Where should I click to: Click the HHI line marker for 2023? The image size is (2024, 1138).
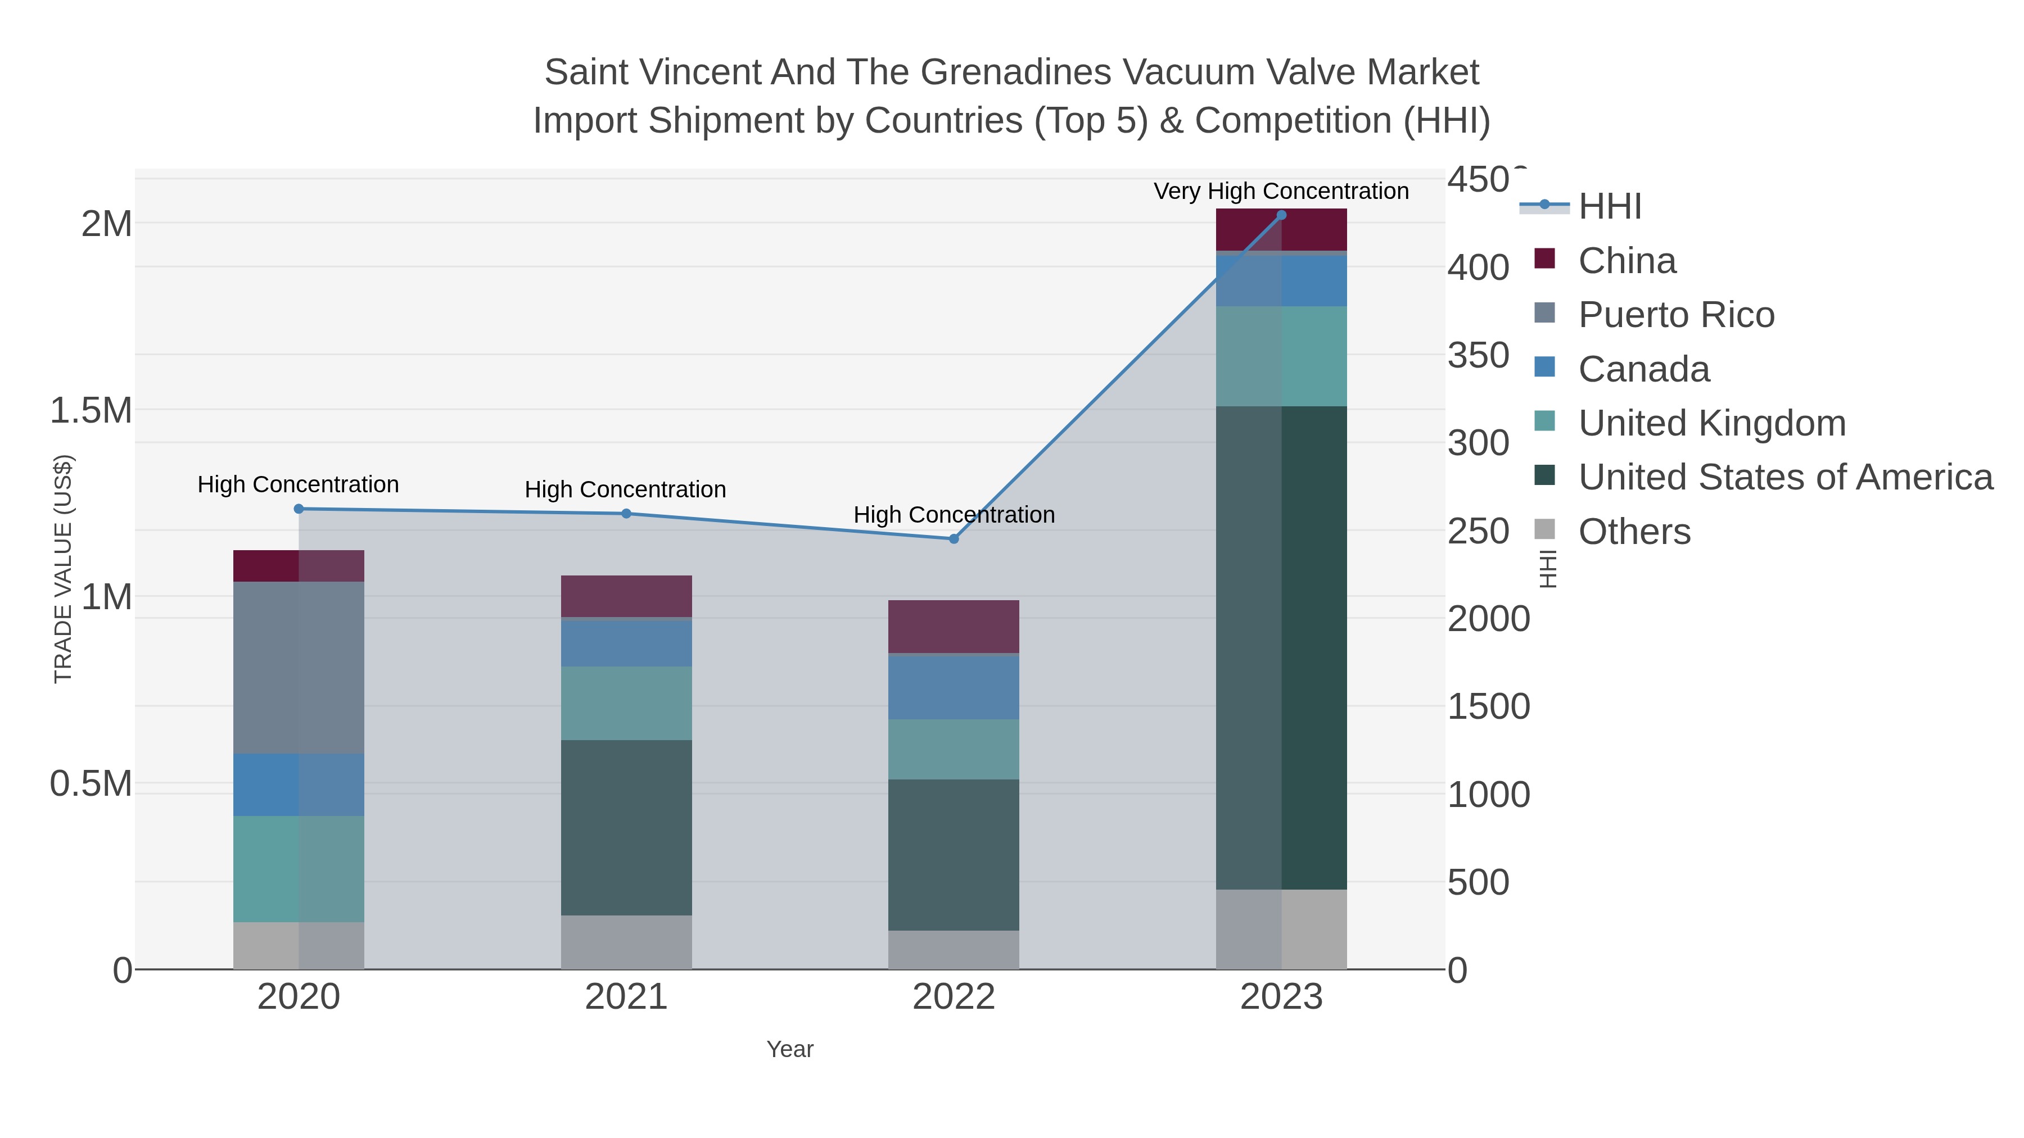pyautogui.click(x=1281, y=215)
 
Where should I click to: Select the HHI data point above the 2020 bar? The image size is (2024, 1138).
pyautogui.click(x=299, y=509)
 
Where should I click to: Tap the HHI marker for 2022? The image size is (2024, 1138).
pyautogui.click(x=954, y=539)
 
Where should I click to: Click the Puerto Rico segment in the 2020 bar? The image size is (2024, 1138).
pyautogui.click(x=299, y=668)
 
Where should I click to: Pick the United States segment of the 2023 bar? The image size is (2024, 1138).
pyautogui.click(x=1281, y=648)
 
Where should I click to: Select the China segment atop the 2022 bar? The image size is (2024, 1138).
pyautogui.click(x=954, y=627)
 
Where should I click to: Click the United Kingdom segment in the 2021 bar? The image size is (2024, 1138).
pyautogui.click(x=626, y=703)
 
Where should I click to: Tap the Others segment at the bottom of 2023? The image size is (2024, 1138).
pyautogui.click(x=1281, y=929)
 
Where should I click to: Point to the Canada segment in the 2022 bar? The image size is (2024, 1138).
pyautogui.click(x=954, y=687)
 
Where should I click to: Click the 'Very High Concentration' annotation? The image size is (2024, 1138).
pyautogui.click(x=1281, y=192)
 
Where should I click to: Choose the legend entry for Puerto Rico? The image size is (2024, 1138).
pyautogui.click(x=1676, y=315)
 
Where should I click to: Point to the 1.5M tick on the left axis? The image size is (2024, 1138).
pyautogui.click(x=91, y=411)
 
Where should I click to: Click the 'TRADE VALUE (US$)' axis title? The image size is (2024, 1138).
pyautogui.click(x=63, y=569)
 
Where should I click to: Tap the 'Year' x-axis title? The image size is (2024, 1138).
pyautogui.click(x=790, y=1049)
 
